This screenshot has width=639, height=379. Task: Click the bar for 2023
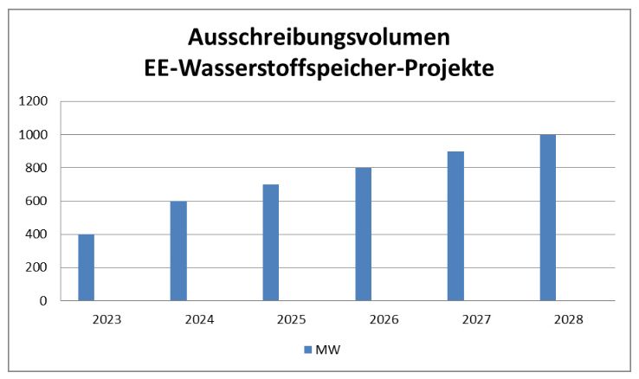coord(86,267)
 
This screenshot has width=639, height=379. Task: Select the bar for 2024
coord(178,251)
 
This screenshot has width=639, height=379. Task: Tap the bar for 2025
coord(271,242)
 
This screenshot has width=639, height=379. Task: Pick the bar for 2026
coord(363,234)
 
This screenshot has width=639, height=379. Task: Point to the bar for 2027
coord(455,226)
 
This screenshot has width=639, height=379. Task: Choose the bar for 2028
coord(547,218)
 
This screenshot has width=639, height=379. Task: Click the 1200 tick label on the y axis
coord(35,101)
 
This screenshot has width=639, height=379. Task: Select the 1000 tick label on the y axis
coord(35,135)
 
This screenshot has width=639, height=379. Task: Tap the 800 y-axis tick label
coord(39,168)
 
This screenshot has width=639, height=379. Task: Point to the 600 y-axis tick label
coord(39,202)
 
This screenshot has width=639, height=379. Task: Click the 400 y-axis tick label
coord(39,234)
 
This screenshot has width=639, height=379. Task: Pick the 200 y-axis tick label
coord(39,267)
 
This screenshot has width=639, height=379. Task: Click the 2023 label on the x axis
coord(107,319)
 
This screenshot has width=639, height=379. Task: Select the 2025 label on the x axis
coord(292,319)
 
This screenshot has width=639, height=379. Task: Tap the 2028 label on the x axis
coord(568,319)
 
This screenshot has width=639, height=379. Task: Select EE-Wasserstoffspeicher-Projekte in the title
coord(319,69)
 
